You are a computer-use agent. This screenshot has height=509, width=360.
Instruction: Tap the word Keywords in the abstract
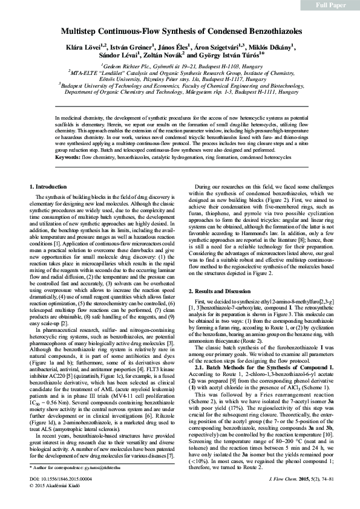[68, 157]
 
